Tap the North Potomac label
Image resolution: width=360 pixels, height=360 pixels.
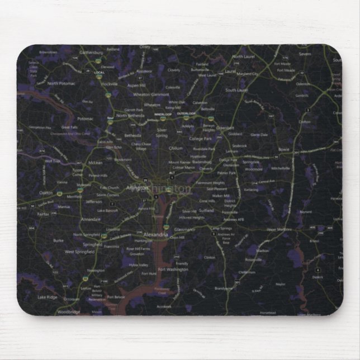point(61,83)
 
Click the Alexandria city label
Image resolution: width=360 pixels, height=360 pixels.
point(156,235)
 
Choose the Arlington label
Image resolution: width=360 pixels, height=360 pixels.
point(138,188)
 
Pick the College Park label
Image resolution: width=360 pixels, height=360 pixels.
point(200,139)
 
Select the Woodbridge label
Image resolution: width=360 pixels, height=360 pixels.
point(69,311)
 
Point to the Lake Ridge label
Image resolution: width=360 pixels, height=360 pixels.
point(48,297)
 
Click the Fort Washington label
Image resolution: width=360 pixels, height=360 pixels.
point(173,269)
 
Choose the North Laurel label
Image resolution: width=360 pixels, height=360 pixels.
point(243,57)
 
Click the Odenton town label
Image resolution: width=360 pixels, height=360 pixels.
point(302,84)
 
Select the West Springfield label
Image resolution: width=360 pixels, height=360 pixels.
point(77,252)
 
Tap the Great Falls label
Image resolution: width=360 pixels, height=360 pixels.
point(69,127)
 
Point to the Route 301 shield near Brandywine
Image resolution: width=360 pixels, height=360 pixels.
point(237,282)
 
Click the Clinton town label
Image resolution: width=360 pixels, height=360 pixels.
point(210,257)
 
